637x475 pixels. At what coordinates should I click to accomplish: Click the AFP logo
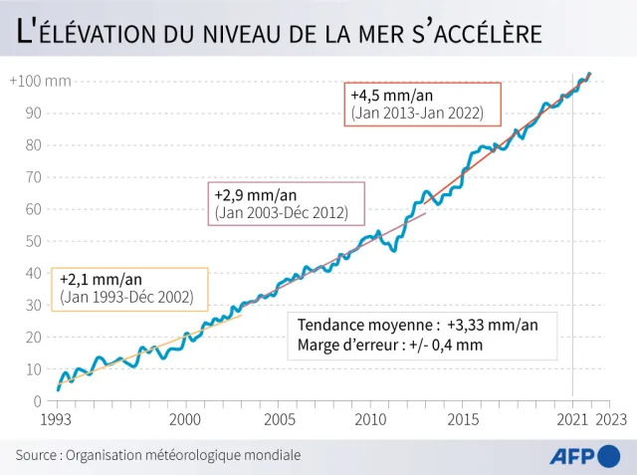(x=584, y=456)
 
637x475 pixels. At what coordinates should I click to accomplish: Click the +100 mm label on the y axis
(x=41, y=81)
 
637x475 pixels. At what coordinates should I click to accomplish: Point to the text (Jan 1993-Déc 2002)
(x=126, y=297)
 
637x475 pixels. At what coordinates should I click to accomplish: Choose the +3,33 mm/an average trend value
(x=493, y=326)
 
